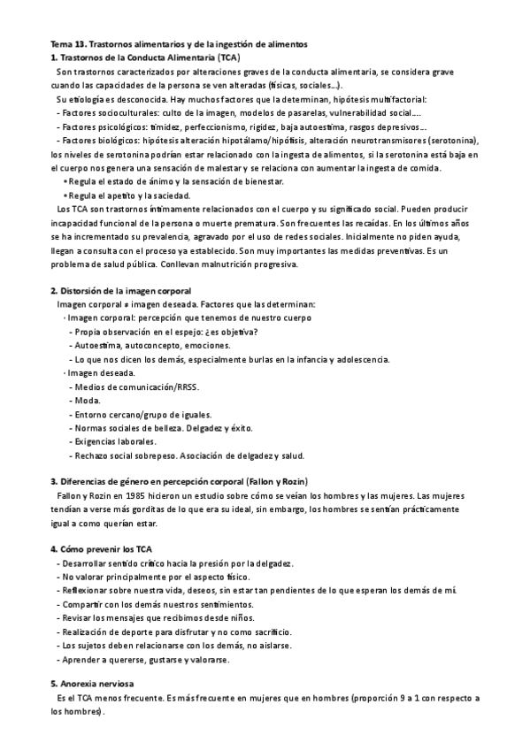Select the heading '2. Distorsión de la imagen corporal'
(x=120, y=291)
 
